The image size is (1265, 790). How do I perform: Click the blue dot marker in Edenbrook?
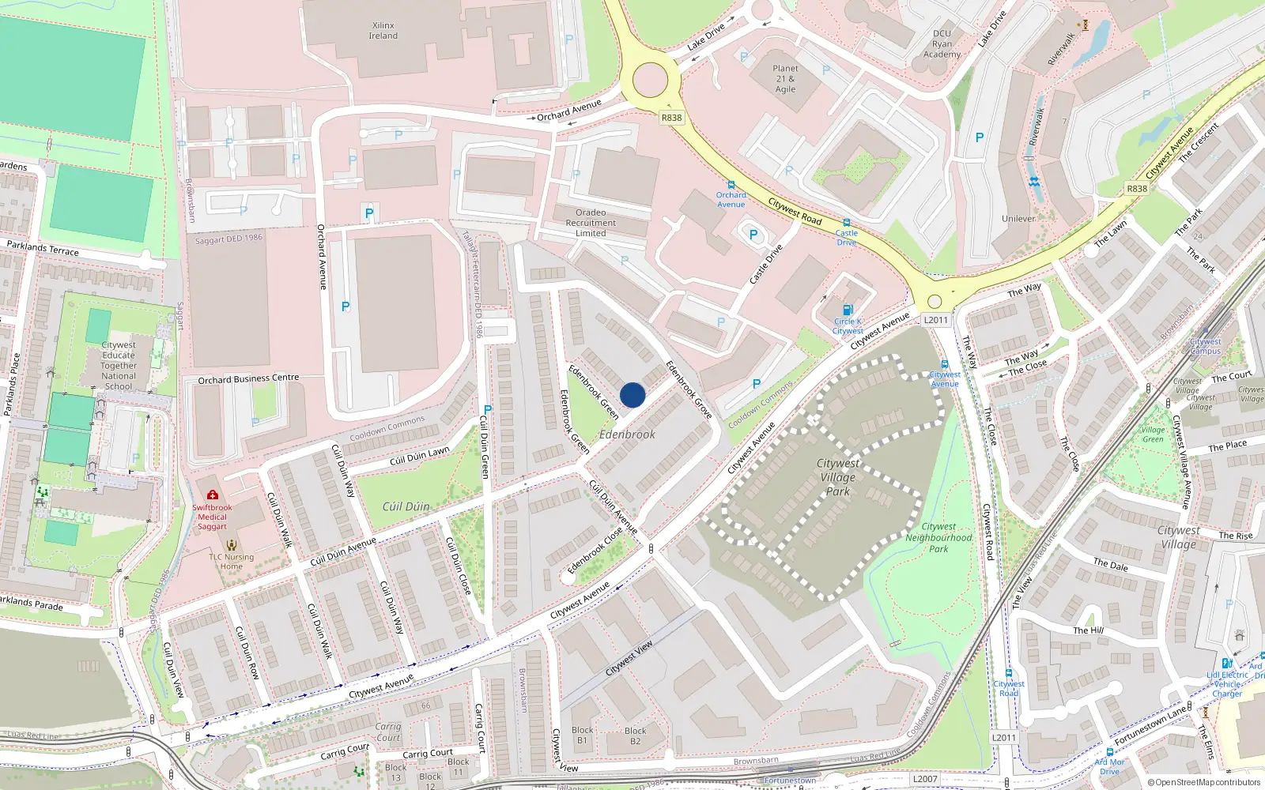point(632,395)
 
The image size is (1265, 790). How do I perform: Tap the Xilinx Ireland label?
point(383,31)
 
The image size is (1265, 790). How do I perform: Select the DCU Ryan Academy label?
point(942,44)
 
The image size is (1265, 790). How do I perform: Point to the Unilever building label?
point(1018,219)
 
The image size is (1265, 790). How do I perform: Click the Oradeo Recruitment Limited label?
point(591,223)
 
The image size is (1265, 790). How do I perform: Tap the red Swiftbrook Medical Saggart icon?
point(212,495)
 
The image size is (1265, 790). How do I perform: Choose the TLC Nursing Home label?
point(232,561)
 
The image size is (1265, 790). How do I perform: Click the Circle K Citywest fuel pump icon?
point(848,310)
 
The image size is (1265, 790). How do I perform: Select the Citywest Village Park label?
point(838,477)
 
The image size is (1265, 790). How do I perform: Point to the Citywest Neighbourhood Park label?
point(938,537)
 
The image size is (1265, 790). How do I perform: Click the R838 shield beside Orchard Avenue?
point(671,118)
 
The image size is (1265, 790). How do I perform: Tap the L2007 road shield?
point(924,779)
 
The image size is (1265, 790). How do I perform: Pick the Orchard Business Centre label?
point(248,379)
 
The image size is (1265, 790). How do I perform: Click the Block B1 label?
point(583,735)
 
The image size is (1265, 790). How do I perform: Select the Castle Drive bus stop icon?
point(847,223)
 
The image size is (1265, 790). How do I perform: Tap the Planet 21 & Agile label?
point(785,79)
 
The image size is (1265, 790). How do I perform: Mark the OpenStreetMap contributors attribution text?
point(1204,783)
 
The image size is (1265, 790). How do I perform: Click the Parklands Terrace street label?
point(43,248)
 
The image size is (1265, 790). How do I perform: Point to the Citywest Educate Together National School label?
point(119,366)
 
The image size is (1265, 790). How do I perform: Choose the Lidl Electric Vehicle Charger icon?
point(1226,664)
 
